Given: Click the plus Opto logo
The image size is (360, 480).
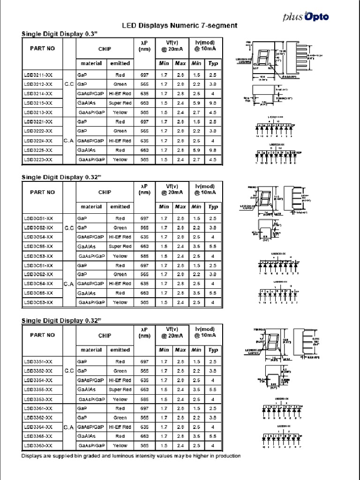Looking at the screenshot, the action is pyautogui.click(x=306, y=17).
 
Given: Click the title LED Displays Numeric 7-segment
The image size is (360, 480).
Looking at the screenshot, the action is pyautogui.click(x=180, y=25).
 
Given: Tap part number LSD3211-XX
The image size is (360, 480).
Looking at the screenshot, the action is pyautogui.click(x=38, y=75).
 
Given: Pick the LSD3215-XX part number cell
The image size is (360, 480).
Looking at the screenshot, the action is pyautogui.click(x=38, y=103).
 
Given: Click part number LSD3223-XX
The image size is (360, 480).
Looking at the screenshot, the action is pyautogui.click(x=38, y=160).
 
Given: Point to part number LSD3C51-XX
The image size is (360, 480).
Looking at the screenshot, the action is pyautogui.click(x=38, y=218).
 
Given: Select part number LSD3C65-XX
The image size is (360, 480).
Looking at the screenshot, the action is pyautogui.click(x=38, y=293).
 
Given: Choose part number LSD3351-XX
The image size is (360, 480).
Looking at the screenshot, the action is pyautogui.click(x=38, y=362).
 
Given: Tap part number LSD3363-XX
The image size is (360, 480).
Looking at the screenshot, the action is pyautogui.click(x=38, y=446).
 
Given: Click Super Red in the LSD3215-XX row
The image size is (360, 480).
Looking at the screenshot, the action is pyautogui.click(x=120, y=103).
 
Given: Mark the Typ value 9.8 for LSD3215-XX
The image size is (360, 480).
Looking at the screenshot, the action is pyautogui.click(x=213, y=103).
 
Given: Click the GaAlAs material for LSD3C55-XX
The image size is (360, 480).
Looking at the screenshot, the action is pyautogui.click(x=87, y=247).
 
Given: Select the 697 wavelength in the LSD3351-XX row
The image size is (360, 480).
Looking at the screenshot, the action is pyautogui.click(x=144, y=362).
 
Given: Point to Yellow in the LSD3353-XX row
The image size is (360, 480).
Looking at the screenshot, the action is pyautogui.click(x=120, y=399).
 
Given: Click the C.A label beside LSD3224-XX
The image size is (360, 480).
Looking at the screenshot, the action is pyautogui.click(x=68, y=141).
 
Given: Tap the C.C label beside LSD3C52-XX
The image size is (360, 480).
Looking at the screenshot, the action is pyautogui.click(x=68, y=228).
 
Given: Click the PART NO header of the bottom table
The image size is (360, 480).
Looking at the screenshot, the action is pyautogui.click(x=42, y=335).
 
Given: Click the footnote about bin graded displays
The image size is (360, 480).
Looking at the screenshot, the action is pyautogui.click(x=131, y=456).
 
